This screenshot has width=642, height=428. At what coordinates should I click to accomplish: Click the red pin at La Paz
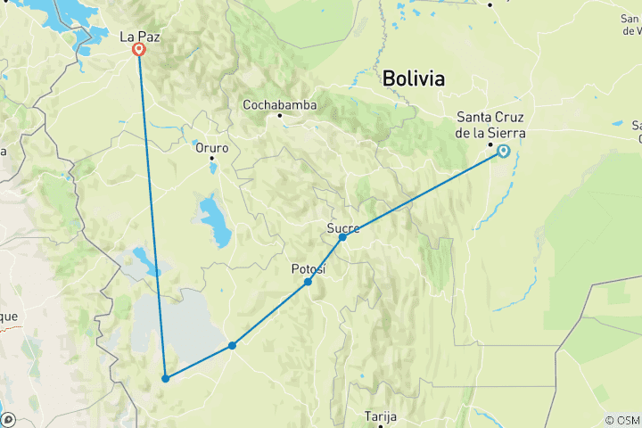[x=139, y=50]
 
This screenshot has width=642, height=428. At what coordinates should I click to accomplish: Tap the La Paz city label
[x=139, y=37]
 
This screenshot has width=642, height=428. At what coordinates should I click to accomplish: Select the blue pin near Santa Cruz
[x=504, y=152]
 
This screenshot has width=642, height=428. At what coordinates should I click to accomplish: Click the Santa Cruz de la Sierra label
[x=490, y=125]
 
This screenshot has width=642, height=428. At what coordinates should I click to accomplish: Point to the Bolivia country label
[x=413, y=78]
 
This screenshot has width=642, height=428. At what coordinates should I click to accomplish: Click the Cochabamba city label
[x=279, y=104]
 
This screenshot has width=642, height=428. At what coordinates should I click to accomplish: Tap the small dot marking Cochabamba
[x=279, y=115]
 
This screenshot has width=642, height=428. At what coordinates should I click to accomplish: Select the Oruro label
[x=212, y=148]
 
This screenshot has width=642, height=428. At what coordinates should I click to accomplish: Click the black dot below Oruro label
[x=212, y=159]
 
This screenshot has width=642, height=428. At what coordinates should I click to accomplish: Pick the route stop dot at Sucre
[x=342, y=237]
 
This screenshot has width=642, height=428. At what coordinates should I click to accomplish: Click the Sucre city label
[x=343, y=228]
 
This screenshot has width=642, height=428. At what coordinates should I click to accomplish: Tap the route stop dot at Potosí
[x=308, y=282]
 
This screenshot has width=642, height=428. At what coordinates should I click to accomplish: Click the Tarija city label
[x=380, y=416]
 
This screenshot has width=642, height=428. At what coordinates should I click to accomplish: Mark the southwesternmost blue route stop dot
[x=166, y=379]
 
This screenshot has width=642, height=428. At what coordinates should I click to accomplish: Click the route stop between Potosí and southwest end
[x=232, y=345]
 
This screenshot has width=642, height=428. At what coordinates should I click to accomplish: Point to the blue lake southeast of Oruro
[x=215, y=221]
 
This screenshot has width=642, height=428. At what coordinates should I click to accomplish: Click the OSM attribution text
[x=621, y=420]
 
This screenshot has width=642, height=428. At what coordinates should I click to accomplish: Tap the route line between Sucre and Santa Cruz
[x=424, y=194]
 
